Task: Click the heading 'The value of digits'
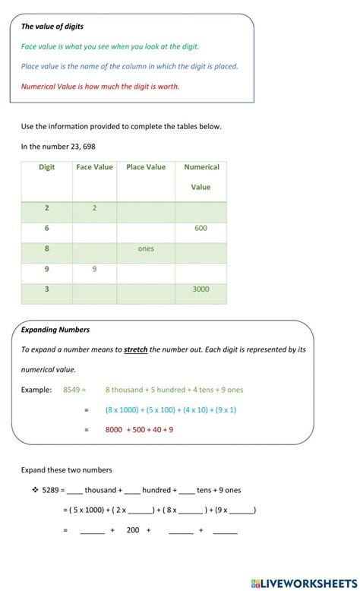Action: [52, 26]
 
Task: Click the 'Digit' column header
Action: [47, 167]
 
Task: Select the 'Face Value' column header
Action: [94, 167]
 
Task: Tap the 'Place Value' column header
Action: [146, 167]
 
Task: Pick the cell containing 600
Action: [201, 228]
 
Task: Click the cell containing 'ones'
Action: [146, 248]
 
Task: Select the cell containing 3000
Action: [201, 289]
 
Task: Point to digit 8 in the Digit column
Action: [47, 248]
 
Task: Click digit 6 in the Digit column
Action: [47, 228]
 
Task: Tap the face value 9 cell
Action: [94, 269]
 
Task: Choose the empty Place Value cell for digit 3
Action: [146, 289]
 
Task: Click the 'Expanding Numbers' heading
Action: [55, 330]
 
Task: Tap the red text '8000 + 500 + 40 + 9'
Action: [139, 429]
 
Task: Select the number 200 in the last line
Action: [133, 530]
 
